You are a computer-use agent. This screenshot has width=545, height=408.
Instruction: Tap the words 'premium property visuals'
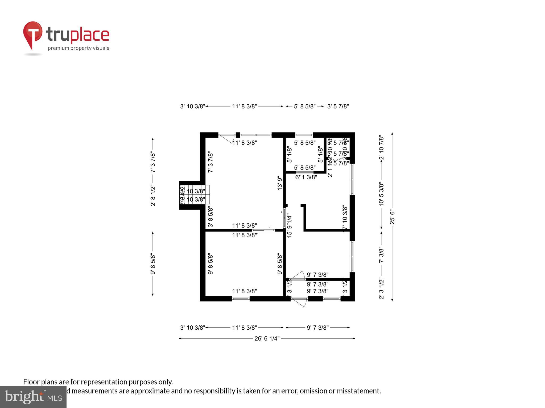(x=78, y=48)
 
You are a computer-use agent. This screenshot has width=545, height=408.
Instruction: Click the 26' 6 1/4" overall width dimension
(x=267, y=338)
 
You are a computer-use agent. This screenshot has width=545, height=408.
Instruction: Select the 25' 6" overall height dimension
(x=392, y=217)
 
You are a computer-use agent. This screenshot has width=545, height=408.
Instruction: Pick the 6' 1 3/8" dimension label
(x=306, y=177)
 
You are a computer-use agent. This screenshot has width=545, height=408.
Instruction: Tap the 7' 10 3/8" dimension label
(x=345, y=218)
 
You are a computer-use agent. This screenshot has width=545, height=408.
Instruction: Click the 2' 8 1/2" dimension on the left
(x=153, y=195)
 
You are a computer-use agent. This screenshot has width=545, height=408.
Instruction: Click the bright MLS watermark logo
(x=33, y=397)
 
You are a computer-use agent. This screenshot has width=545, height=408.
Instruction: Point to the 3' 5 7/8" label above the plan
(x=338, y=107)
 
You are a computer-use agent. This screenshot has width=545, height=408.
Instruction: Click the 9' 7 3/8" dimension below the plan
(x=318, y=328)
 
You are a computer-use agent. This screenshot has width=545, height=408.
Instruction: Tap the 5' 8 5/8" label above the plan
(x=305, y=107)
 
